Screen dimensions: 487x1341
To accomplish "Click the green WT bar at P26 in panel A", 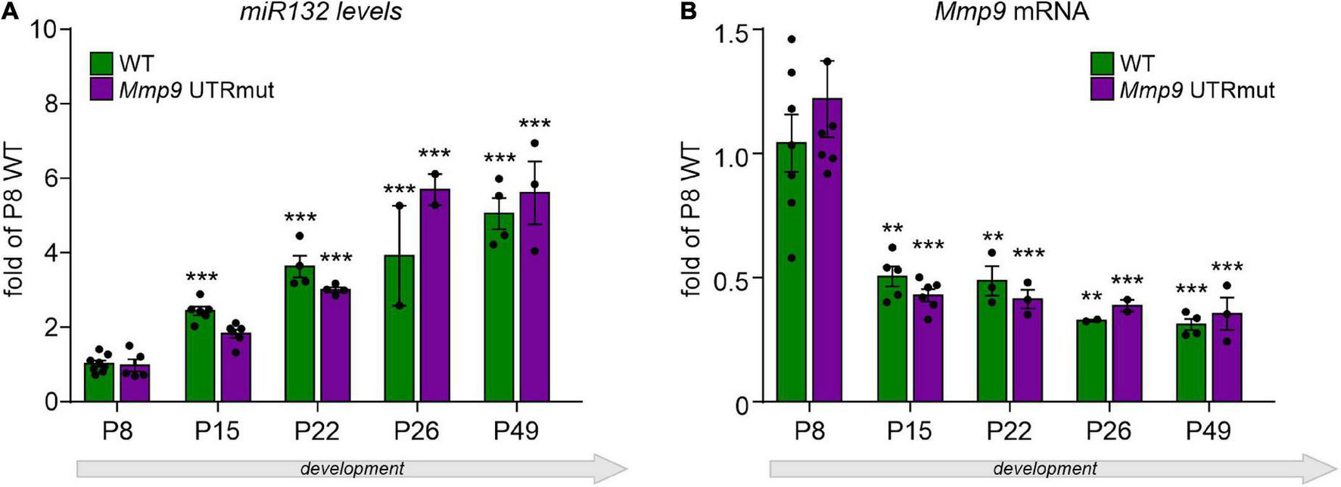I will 400,333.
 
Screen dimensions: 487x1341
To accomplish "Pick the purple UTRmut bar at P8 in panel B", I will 827,257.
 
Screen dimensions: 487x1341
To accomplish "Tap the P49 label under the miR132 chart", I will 516,431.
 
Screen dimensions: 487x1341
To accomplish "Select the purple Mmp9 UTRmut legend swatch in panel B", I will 1103,90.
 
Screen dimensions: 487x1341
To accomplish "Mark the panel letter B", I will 689,11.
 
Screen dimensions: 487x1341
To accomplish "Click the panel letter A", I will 10,11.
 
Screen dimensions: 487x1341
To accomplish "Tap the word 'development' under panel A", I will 352,469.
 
